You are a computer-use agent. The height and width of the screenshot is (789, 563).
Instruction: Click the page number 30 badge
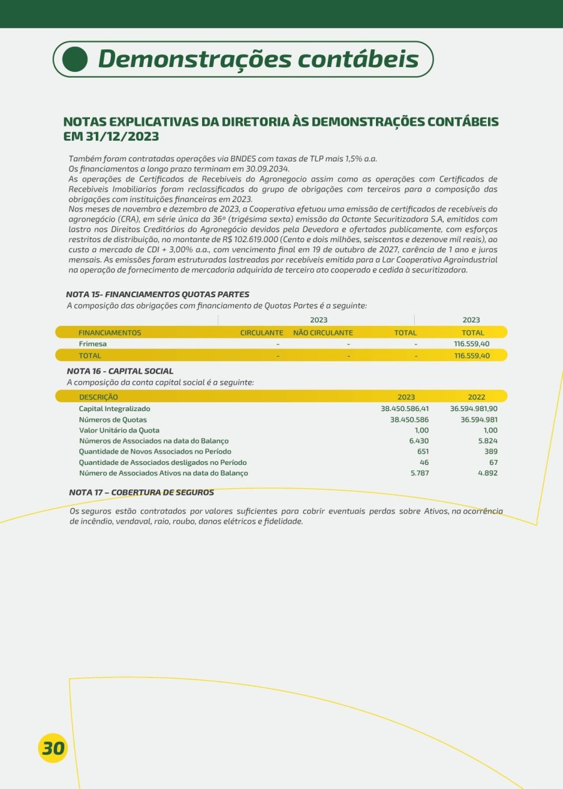[x=53, y=748]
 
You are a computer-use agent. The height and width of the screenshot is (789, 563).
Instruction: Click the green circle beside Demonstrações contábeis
[x=76, y=59]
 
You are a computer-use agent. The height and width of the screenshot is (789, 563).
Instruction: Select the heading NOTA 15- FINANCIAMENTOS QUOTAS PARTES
[x=158, y=294]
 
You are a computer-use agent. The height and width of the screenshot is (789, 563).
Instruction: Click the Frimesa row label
[x=93, y=344]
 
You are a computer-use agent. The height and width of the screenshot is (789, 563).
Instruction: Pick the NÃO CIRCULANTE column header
[x=323, y=333]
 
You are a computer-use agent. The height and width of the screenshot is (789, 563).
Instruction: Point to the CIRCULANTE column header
[x=261, y=333]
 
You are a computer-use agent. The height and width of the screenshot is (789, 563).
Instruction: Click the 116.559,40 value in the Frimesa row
[x=472, y=344]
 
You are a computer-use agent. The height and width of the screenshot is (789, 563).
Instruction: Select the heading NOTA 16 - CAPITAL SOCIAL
[x=120, y=371]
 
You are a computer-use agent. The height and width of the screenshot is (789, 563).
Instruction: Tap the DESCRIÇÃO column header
[x=98, y=397]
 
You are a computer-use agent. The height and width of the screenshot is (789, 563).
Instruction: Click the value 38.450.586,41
[x=405, y=409]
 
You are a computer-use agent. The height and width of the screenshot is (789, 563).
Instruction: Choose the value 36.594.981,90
[x=474, y=409]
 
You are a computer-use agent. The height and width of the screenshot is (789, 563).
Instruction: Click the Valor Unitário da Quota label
[x=119, y=430]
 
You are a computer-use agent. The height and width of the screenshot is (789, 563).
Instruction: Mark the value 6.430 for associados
[x=418, y=441]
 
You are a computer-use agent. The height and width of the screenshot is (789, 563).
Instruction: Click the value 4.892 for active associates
[x=487, y=473]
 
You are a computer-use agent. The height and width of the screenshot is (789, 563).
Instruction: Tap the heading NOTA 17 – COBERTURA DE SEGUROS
[x=141, y=492]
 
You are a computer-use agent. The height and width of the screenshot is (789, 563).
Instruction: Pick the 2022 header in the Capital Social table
[x=477, y=397]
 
